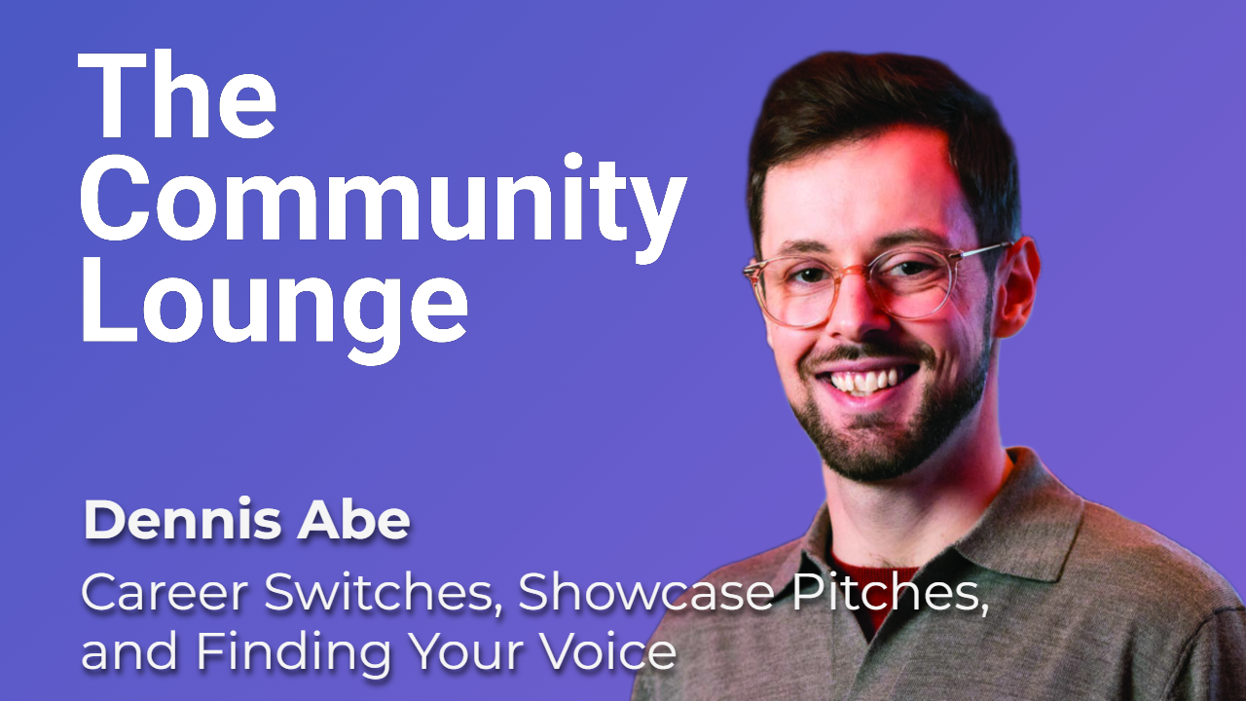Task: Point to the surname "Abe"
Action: coord(367,523)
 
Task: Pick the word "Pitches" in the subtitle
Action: coord(882,593)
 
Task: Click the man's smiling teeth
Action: coord(870,380)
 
